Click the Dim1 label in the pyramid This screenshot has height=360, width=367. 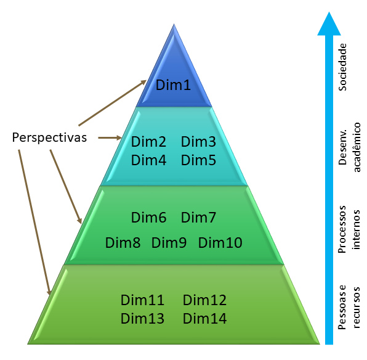(173, 85)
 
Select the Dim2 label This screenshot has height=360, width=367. (148, 142)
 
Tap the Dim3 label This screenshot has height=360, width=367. (198, 142)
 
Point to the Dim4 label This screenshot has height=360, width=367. (148, 160)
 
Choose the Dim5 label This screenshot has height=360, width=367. (198, 160)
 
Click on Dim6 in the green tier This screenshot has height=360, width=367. (148, 218)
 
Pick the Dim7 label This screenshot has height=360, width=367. (198, 218)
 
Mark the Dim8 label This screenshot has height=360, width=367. (123, 243)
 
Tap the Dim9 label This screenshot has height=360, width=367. (169, 243)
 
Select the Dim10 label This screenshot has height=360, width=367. (220, 243)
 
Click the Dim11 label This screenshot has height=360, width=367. (142, 300)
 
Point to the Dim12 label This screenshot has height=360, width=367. (204, 300)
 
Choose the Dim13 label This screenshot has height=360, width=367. (142, 319)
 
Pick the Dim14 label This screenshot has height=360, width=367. (204, 319)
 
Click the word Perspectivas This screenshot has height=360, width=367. (49, 137)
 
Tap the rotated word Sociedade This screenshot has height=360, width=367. (342, 67)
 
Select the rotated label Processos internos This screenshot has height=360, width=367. (349, 229)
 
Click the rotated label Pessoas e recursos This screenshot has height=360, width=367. (349, 308)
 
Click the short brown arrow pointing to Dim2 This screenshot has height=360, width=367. (110, 138)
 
